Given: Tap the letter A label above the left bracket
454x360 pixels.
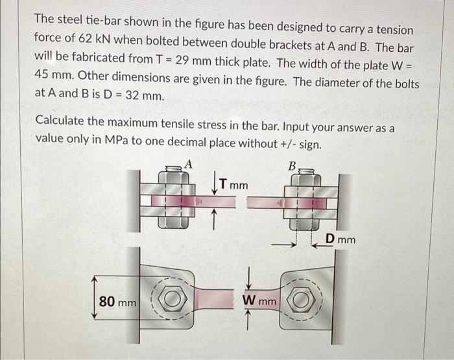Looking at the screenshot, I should [x=189, y=163].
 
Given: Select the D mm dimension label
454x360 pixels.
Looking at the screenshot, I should [x=340, y=240].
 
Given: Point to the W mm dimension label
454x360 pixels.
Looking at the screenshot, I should [x=259, y=301].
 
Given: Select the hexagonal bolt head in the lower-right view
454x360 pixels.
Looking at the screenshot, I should [x=305, y=302].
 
